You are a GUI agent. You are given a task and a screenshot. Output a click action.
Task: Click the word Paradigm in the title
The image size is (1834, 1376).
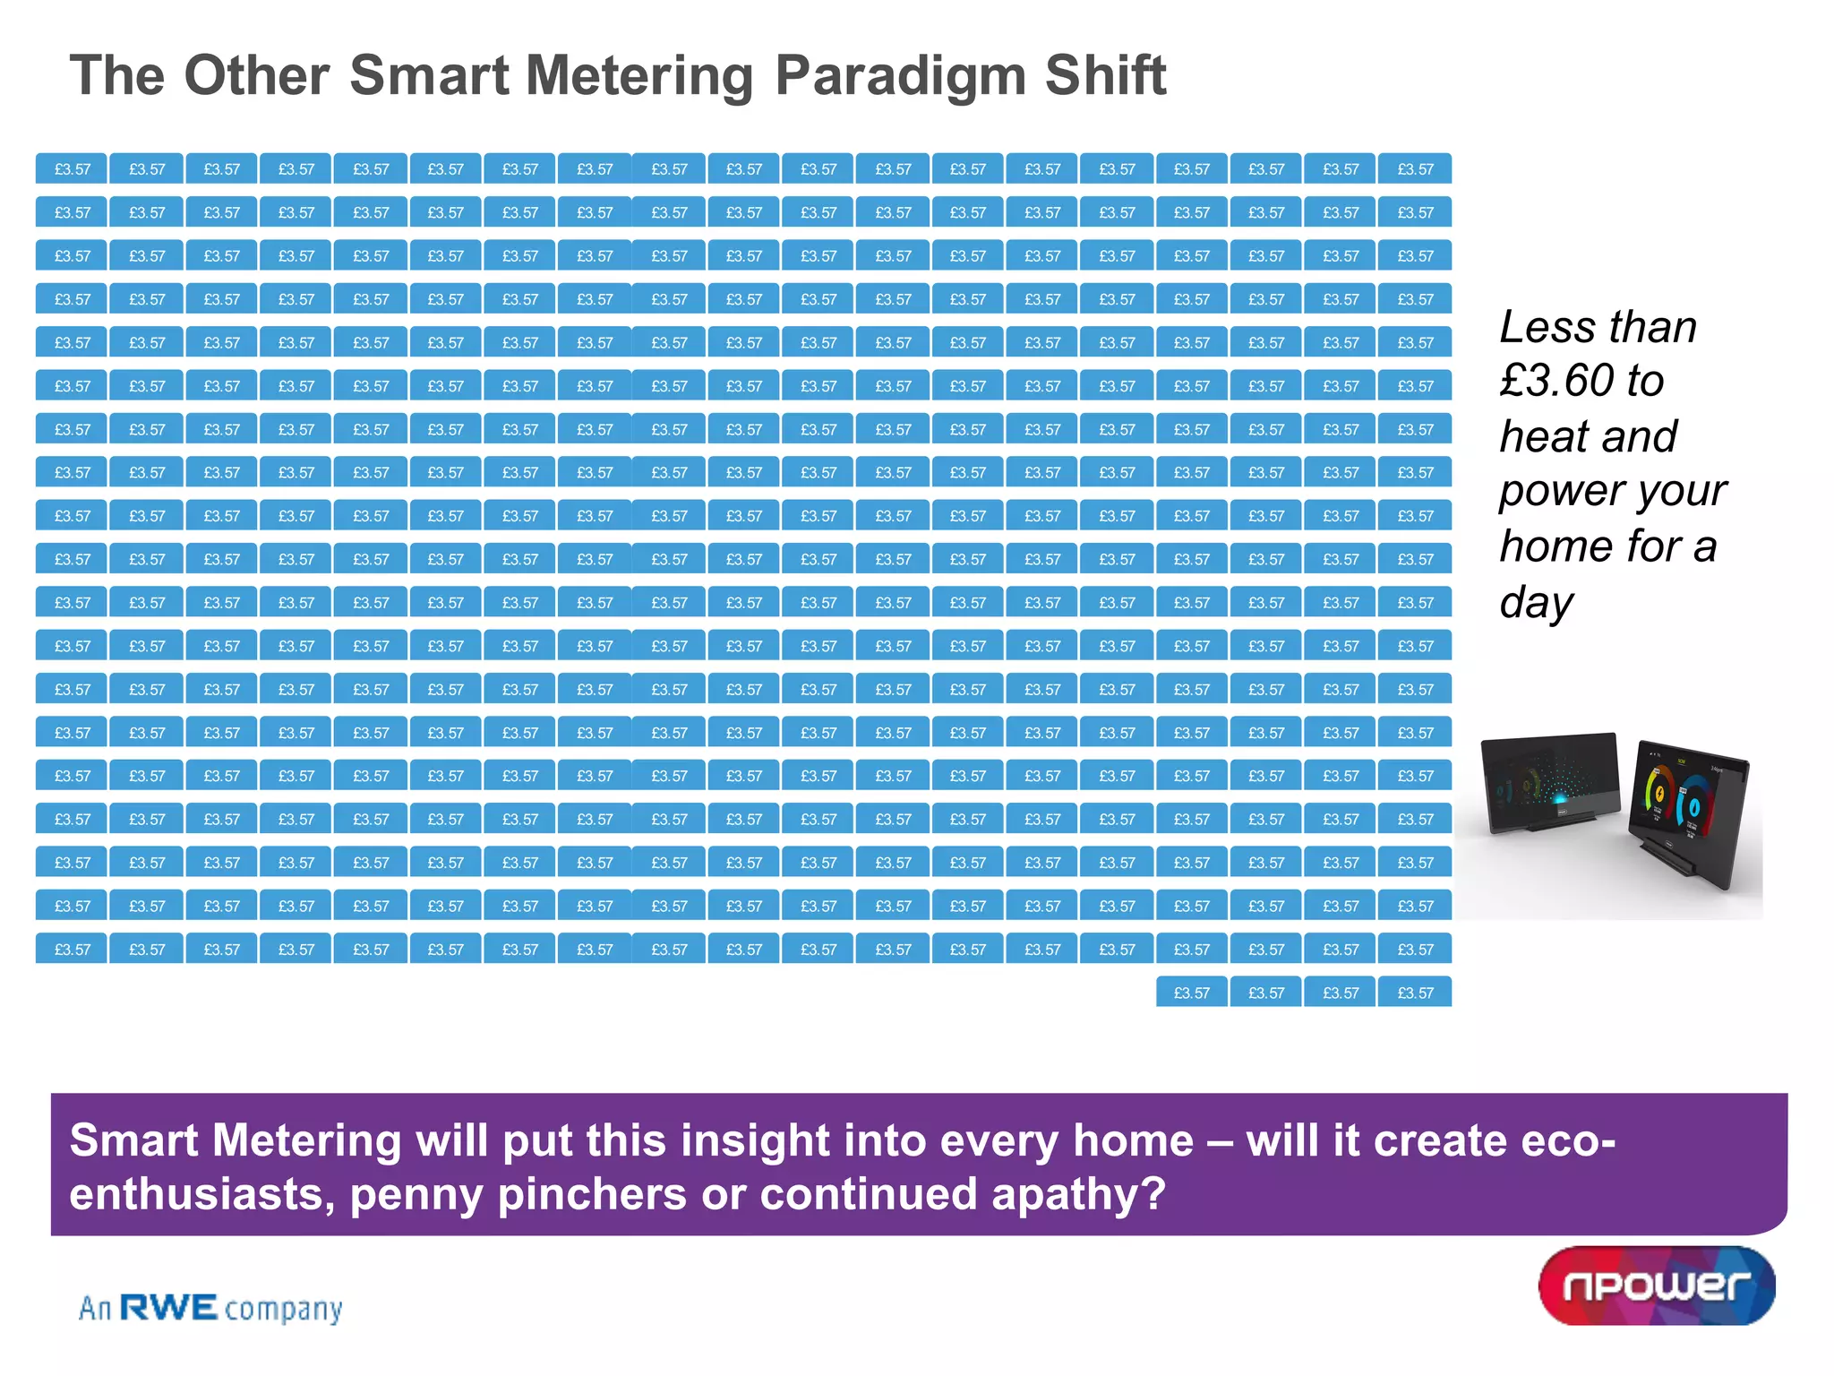pyautogui.click(x=899, y=75)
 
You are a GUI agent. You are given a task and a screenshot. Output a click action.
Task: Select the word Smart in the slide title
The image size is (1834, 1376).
pyautogui.click(x=429, y=75)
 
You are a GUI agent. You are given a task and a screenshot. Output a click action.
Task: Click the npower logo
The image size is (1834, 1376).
pyautogui.click(x=1657, y=1286)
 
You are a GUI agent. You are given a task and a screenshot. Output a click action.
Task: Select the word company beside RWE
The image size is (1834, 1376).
pyautogui.click(x=283, y=1310)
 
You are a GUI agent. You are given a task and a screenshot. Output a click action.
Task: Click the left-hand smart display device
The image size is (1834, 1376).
pyautogui.click(x=1549, y=781)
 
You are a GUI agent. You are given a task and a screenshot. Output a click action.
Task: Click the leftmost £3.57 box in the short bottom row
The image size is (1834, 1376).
pyautogui.click(x=1191, y=993)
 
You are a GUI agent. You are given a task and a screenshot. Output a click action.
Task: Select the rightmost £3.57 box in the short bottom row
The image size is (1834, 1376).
pyautogui.click(x=1415, y=993)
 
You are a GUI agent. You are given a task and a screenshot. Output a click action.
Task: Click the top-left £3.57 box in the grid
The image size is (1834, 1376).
pyautogui.click(x=72, y=168)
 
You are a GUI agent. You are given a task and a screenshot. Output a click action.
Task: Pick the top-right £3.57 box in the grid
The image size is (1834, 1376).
pyautogui.click(x=1415, y=168)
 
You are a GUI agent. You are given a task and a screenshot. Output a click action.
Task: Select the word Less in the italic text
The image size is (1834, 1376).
pyautogui.click(x=1538, y=327)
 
